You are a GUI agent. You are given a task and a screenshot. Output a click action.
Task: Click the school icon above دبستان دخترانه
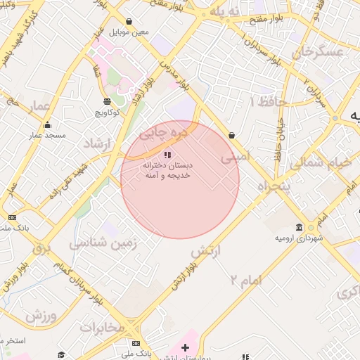pyautogui.click(x=167, y=154)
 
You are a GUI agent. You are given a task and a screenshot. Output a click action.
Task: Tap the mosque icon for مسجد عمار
pyautogui.click(x=47, y=125)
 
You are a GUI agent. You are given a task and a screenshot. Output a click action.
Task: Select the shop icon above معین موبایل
pyautogui.click(x=129, y=22)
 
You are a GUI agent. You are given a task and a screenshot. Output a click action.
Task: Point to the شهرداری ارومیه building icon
pyautogui.click(x=300, y=228)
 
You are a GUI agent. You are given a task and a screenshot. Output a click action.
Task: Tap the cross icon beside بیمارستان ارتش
pyautogui.click(x=185, y=347)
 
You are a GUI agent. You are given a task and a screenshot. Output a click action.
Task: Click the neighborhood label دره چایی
pyautogui.click(x=164, y=131)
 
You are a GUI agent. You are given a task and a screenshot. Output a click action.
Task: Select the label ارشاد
pyautogui.click(x=98, y=143)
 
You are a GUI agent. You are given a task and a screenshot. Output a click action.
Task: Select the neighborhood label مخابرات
pyautogui.click(x=101, y=328)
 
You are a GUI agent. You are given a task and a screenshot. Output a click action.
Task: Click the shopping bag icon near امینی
pyautogui.click(x=231, y=135)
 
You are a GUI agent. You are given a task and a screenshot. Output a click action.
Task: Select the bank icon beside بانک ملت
pyautogui.click(x=12, y=217)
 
